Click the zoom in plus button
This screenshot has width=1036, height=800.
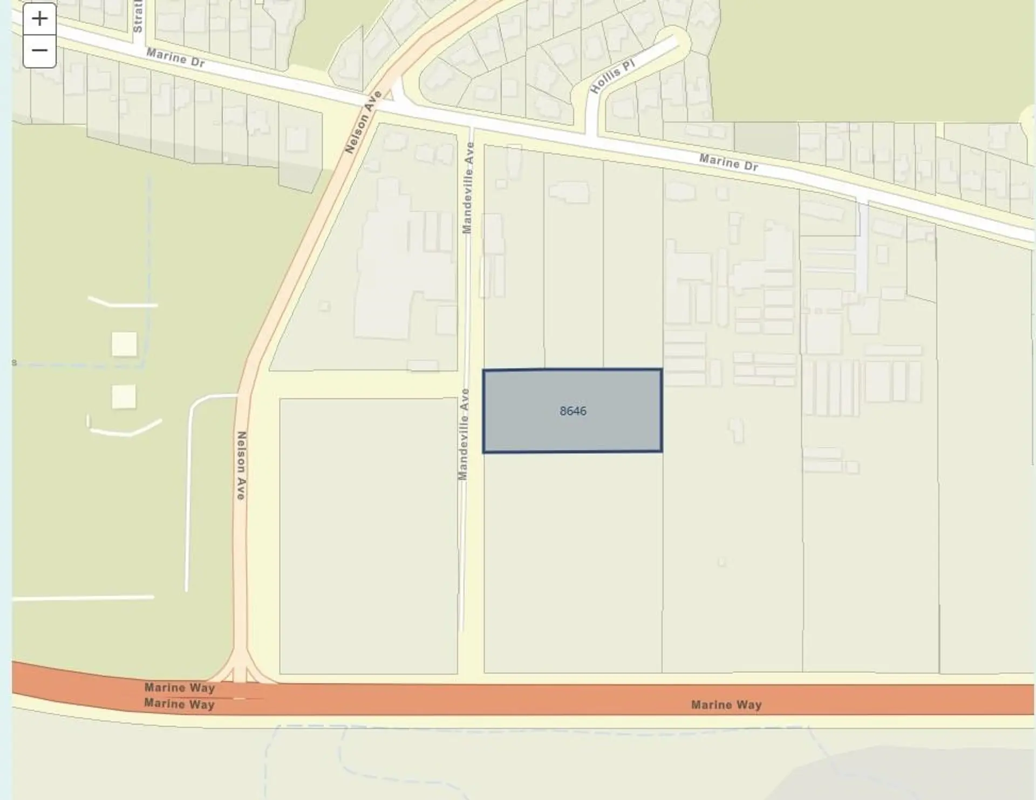coord(39,19)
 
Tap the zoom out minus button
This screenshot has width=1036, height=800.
coord(39,51)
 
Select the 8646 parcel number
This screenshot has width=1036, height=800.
coord(572,411)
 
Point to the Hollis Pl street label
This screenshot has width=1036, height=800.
coord(612,77)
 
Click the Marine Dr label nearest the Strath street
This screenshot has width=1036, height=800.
coord(175,58)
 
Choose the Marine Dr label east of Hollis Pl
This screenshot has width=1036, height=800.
coord(728,162)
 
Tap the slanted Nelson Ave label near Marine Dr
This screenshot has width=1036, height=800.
coord(364,122)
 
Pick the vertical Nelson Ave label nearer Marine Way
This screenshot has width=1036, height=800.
coord(241,465)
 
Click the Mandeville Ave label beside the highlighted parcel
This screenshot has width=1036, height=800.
coord(464,434)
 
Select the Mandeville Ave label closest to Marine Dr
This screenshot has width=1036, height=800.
coord(468,188)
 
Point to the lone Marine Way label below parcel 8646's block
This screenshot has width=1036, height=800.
coord(726,705)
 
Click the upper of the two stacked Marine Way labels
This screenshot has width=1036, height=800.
coord(180,687)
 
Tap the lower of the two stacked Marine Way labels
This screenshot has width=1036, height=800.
coord(180,704)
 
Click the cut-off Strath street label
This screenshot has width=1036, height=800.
coord(138,16)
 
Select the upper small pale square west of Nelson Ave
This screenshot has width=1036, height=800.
coord(124,344)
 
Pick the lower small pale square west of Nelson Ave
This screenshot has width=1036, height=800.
coord(124,397)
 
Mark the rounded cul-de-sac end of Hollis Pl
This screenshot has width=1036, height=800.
coord(677,40)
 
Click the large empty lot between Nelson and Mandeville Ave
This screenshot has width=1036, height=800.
coord(368,536)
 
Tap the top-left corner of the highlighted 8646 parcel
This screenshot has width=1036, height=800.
coord(484,371)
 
